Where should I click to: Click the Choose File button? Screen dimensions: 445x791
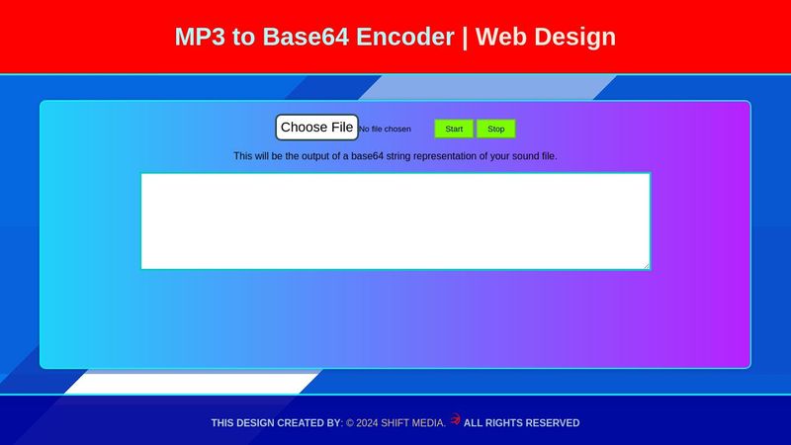316,128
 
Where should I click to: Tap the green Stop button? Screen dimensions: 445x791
495,129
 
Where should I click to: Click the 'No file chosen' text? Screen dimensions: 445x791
385,130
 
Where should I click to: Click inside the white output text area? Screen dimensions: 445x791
395,221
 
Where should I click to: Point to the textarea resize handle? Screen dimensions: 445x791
646,265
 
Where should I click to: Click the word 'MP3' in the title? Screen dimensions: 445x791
201,37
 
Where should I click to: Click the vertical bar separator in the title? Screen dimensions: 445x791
465,37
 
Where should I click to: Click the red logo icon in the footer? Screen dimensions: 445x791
455,419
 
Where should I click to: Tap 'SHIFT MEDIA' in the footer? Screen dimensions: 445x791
412,423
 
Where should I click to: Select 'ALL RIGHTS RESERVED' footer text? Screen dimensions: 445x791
521,423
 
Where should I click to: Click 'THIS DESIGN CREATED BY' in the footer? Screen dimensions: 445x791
275,423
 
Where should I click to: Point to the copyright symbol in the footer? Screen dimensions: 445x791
349,423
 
